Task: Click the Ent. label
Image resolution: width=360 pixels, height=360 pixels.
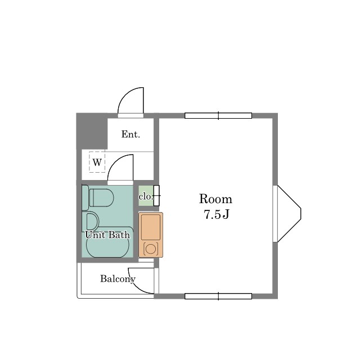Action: (x=130, y=134)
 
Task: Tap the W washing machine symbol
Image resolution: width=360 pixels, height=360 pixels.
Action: (x=97, y=163)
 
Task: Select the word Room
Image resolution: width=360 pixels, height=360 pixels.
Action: (x=215, y=199)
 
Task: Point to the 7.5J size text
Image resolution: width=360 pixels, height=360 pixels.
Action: (x=216, y=214)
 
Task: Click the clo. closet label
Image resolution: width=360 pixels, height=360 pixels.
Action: (x=145, y=196)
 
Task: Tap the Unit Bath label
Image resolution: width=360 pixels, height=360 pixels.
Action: (x=107, y=235)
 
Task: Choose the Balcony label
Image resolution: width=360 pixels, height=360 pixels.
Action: (x=117, y=278)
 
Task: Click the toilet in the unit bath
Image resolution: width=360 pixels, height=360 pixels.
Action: (x=100, y=198)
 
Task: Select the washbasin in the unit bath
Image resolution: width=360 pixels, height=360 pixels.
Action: (x=91, y=221)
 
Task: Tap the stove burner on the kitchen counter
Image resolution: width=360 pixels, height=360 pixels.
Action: (x=151, y=248)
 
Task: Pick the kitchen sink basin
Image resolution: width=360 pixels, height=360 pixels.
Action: (x=151, y=227)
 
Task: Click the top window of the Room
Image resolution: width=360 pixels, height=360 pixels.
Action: (x=218, y=116)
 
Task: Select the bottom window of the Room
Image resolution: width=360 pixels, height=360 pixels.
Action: (x=218, y=296)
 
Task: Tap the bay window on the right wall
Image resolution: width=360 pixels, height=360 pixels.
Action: (x=288, y=214)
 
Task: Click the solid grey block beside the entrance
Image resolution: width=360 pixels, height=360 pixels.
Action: (x=92, y=130)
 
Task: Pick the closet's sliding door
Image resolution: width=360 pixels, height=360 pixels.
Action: (x=156, y=195)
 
